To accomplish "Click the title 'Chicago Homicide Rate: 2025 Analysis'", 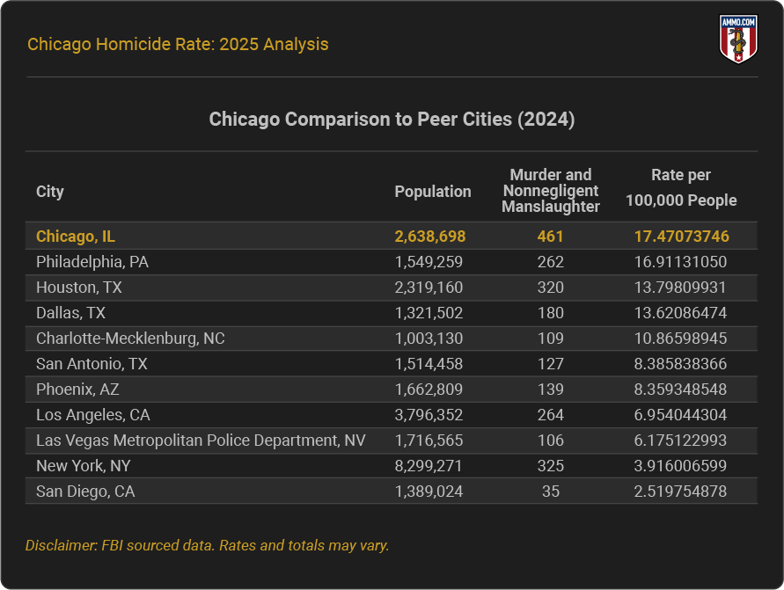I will pyautogui.click(x=178, y=44).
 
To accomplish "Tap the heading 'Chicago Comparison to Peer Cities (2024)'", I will pyautogui.click(x=392, y=120).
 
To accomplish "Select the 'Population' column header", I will pyautogui.click(x=432, y=192).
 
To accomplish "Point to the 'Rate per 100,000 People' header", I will pyautogui.click(x=681, y=188).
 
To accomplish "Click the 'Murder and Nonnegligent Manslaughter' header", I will pyautogui.click(x=551, y=191).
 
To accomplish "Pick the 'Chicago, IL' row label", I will pyautogui.click(x=76, y=237).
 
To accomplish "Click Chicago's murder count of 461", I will pyautogui.click(x=551, y=237).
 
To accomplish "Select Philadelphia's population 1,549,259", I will pyautogui.click(x=429, y=262).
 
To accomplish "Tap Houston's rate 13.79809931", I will pyautogui.click(x=681, y=288).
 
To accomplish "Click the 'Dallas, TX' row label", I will pyautogui.click(x=71, y=313).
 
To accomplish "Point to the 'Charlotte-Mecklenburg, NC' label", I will pyautogui.click(x=130, y=339).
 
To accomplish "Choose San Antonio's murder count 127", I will pyautogui.click(x=551, y=364).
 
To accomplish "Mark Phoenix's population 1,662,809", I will pyautogui.click(x=429, y=390).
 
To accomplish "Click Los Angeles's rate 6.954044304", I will pyautogui.click(x=681, y=415).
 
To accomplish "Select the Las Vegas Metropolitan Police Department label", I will pyautogui.click(x=201, y=441).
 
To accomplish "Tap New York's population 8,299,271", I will pyautogui.click(x=429, y=466).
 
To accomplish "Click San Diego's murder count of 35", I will pyautogui.click(x=551, y=492).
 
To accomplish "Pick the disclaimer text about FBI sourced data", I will pyautogui.click(x=208, y=545).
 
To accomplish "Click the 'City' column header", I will pyautogui.click(x=50, y=192).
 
